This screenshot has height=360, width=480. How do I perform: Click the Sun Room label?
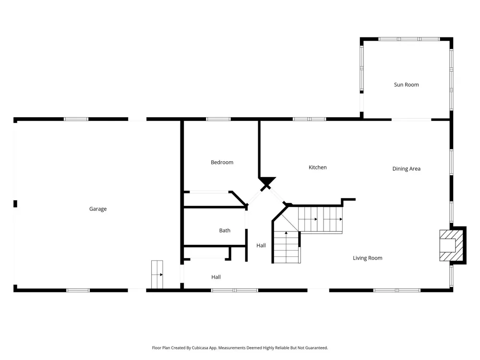[x=406, y=85]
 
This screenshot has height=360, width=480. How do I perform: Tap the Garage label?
[x=98, y=209]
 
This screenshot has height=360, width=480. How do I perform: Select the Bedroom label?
[x=222, y=162]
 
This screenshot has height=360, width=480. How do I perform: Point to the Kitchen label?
[x=317, y=168]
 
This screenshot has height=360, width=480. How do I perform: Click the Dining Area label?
[x=406, y=168]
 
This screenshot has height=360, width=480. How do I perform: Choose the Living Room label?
[x=367, y=258]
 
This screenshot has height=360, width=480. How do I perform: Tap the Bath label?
[x=225, y=230]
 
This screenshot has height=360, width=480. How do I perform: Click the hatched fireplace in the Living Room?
[x=451, y=245]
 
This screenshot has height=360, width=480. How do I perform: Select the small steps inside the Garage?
[x=157, y=274]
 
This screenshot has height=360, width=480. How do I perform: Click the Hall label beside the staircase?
[x=261, y=245]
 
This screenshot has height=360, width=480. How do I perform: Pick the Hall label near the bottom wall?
[x=216, y=277]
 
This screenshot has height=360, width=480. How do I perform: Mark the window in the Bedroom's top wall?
[x=218, y=119]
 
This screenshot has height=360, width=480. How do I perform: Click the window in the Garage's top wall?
[x=76, y=119]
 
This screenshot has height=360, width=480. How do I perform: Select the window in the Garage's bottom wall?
[x=78, y=290]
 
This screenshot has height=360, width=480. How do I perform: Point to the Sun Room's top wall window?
[x=409, y=39]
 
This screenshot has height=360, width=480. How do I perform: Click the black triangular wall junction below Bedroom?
[x=267, y=180]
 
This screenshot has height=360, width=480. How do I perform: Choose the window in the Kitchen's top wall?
[x=310, y=119]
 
